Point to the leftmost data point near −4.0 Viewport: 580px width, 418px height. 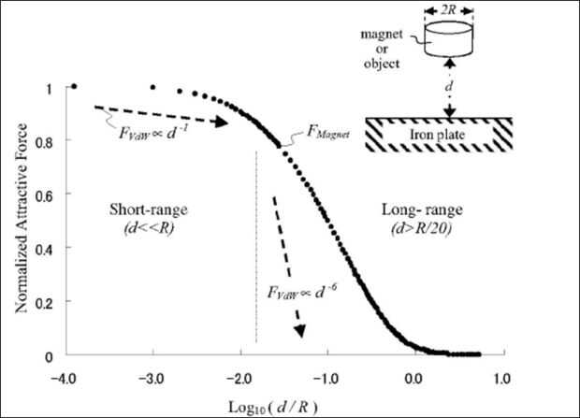coord(74,87)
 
